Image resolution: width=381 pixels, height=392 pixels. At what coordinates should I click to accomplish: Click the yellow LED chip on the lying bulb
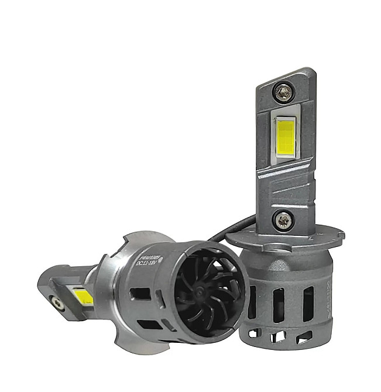coord(83,297)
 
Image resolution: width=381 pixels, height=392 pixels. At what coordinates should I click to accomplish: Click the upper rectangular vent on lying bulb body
coord(140,293)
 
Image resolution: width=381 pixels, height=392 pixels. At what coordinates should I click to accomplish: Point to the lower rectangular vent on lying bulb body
coord(150,324)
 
